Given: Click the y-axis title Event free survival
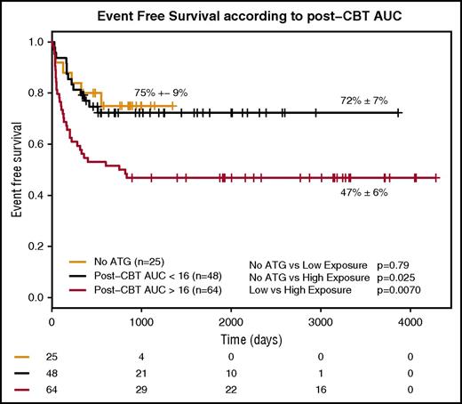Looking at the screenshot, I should [x=15, y=169].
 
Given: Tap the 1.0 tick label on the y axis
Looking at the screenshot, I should [x=34, y=42].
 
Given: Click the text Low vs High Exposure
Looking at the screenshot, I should [x=294, y=290].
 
